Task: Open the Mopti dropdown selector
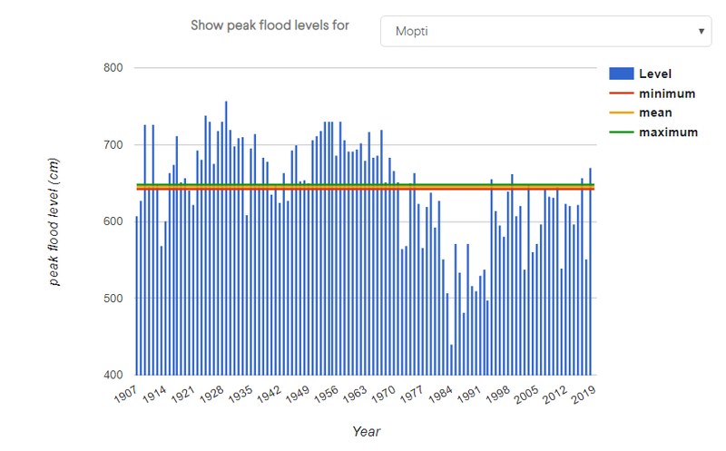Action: coord(544,31)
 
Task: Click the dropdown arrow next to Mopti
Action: coord(701,31)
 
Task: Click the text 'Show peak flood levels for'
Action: coord(270,25)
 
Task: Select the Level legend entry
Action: coord(654,74)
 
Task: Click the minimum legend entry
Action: coord(666,93)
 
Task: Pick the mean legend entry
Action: coord(654,113)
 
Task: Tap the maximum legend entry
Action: coord(668,132)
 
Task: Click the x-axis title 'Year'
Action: coord(366,432)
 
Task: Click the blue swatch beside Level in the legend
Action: coord(621,74)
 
